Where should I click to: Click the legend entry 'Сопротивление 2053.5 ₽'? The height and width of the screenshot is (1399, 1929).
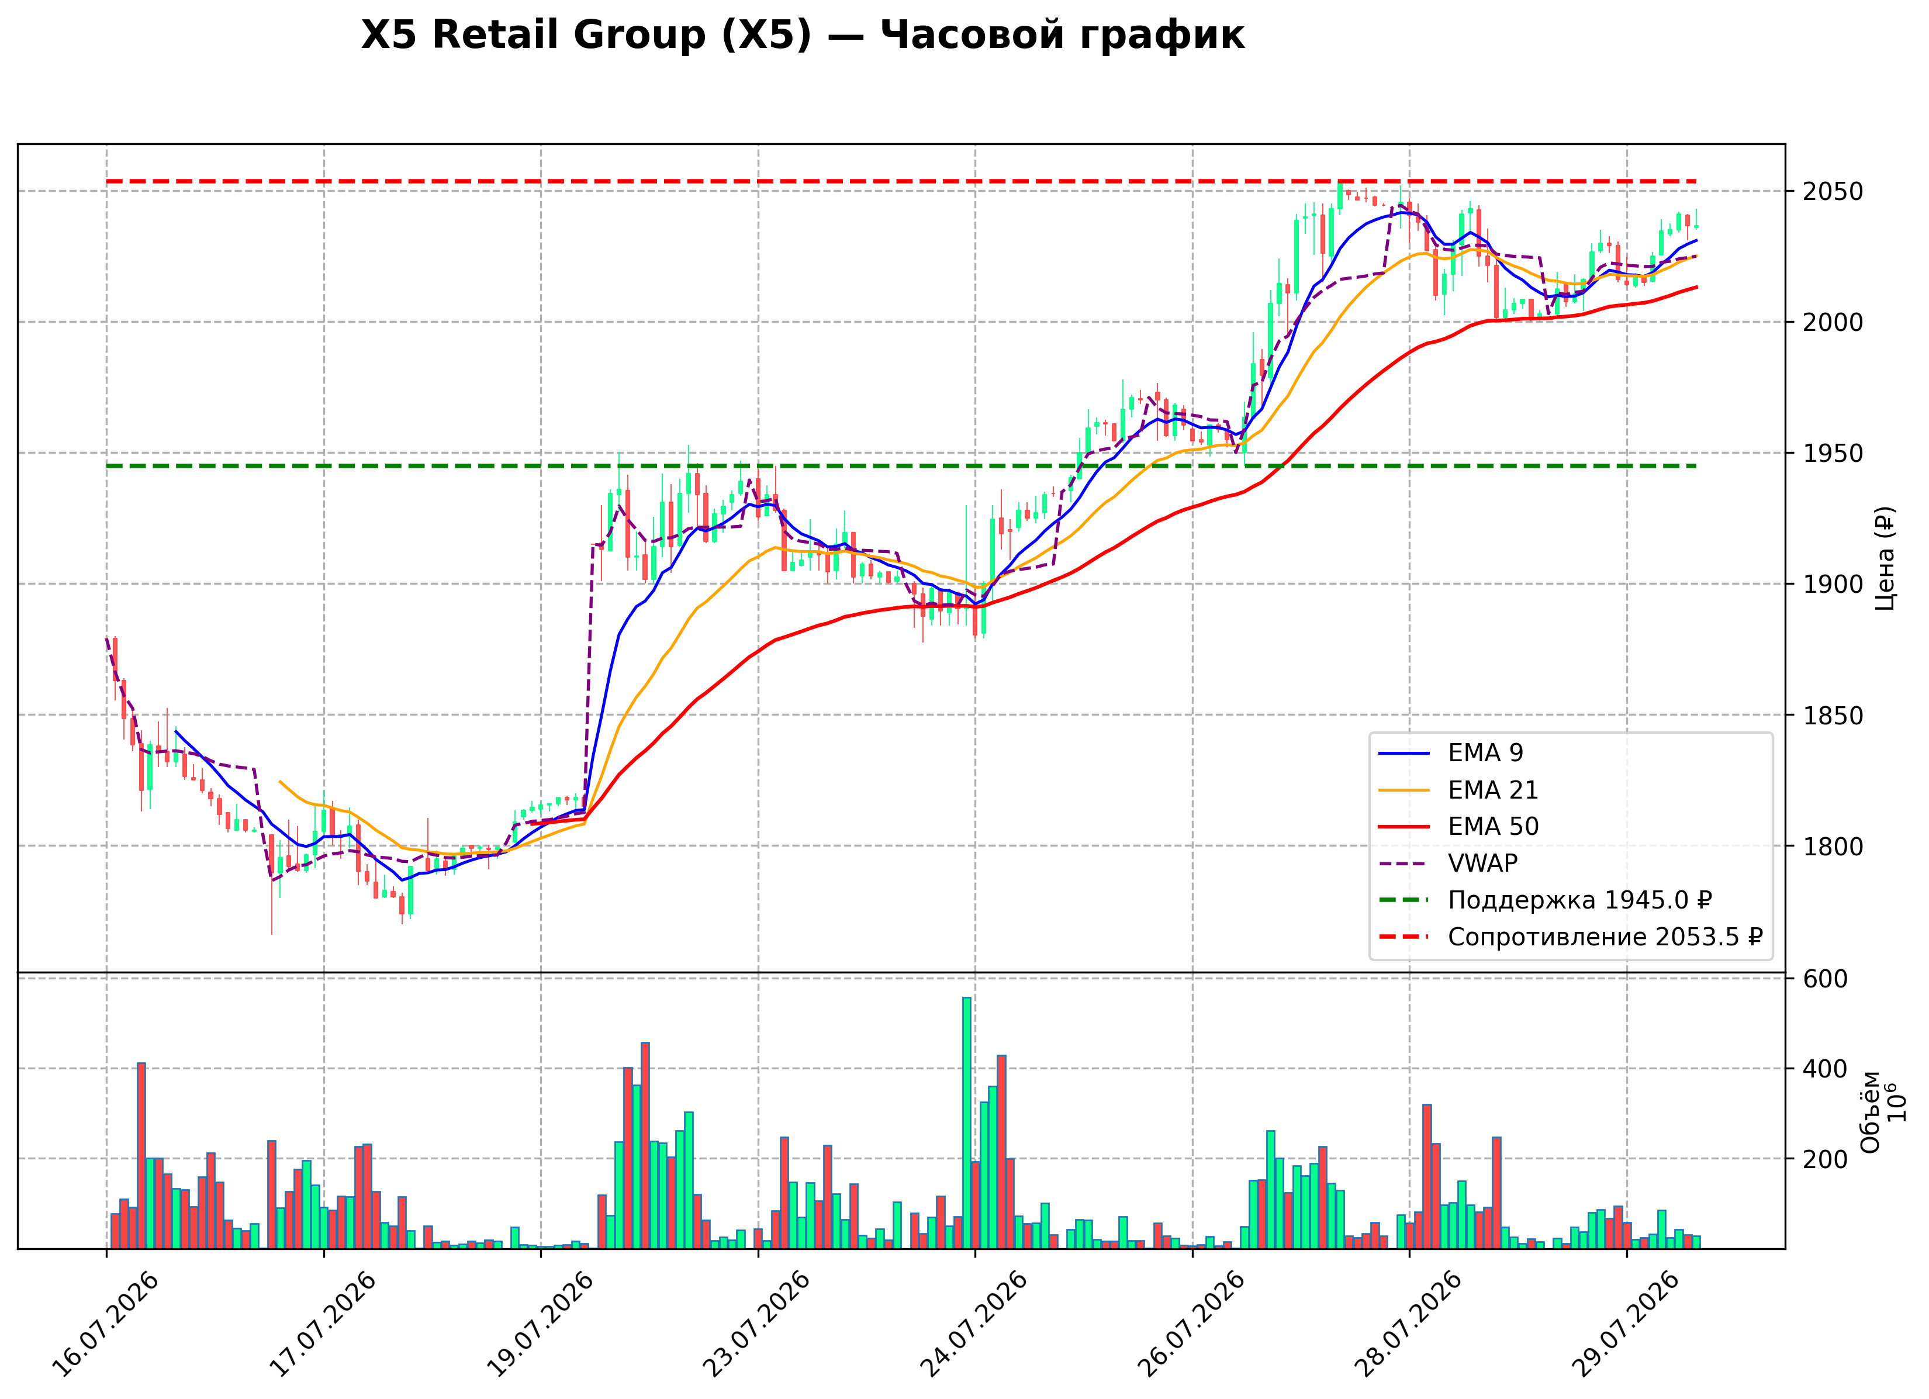coord(1570,937)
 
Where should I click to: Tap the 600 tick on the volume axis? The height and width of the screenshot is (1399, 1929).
coord(1825,979)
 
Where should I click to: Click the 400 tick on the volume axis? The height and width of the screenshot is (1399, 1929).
coord(1825,1069)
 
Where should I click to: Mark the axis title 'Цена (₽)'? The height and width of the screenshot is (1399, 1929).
coord(1885,559)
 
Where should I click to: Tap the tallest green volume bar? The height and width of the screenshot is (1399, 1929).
coord(966,1122)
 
